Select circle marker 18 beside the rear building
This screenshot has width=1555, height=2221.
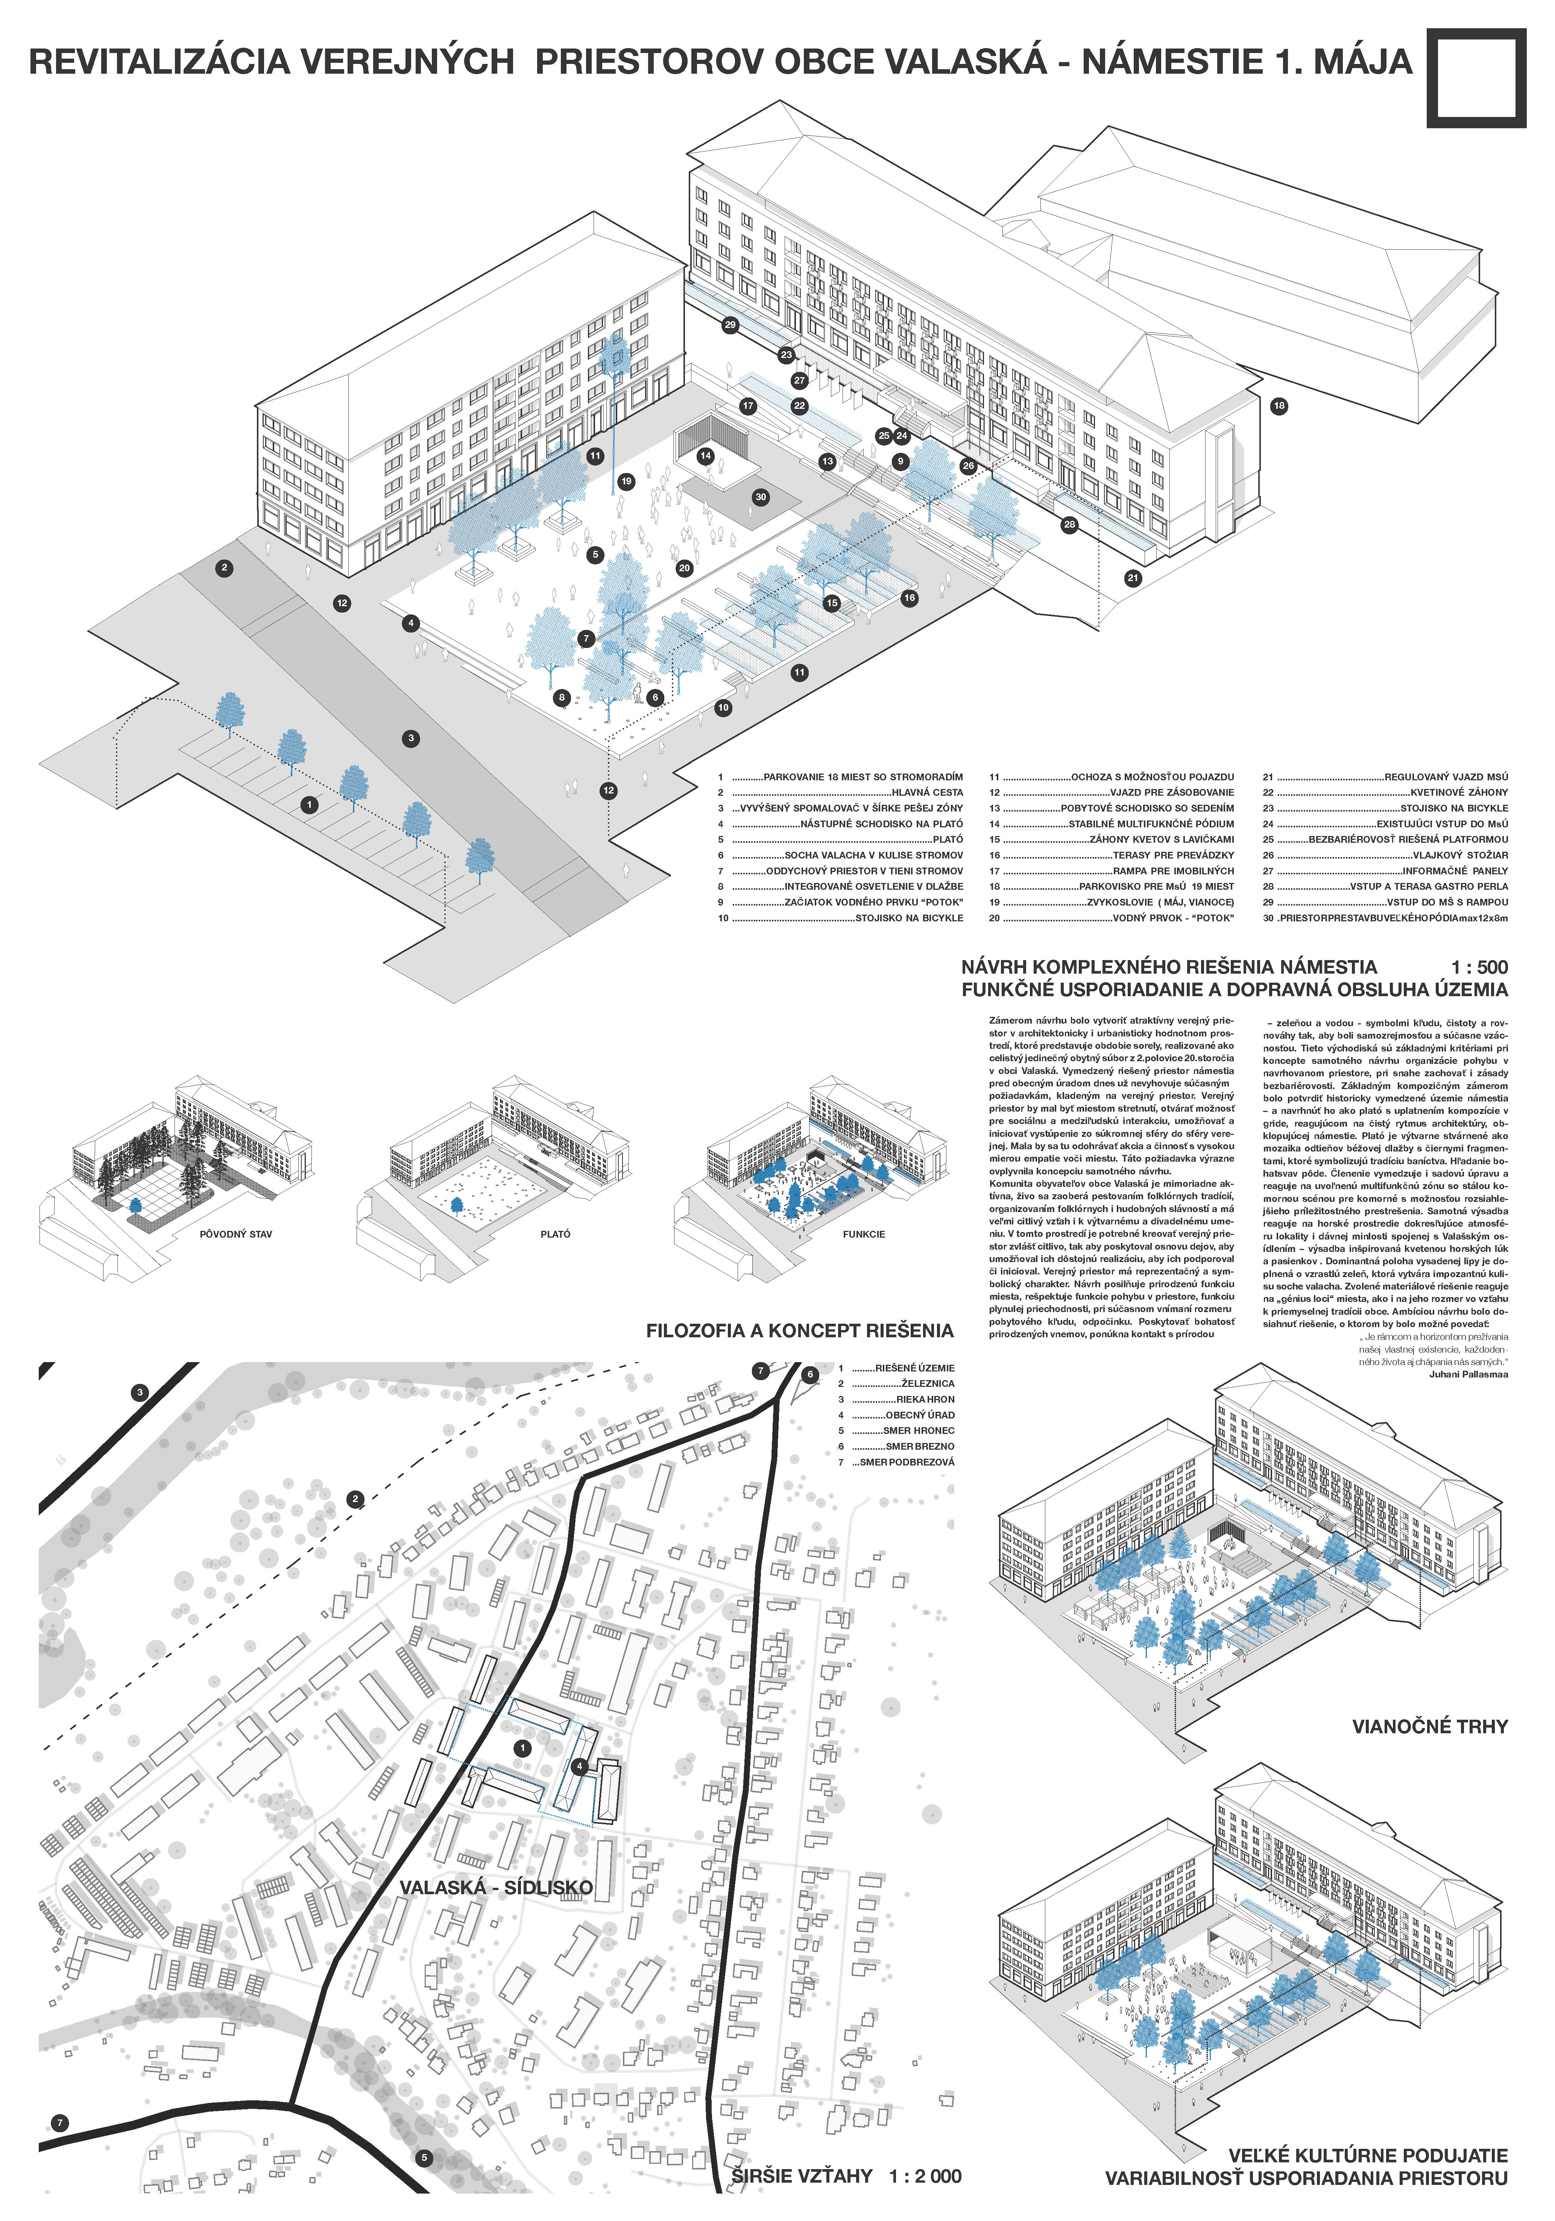tap(1278, 405)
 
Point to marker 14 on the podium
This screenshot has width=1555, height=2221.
tap(705, 456)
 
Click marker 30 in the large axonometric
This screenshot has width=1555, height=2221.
tap(761, 497)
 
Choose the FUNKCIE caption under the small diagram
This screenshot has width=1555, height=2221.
tap(863, 1234)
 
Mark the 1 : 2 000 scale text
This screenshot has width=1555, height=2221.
tap(925, 2177)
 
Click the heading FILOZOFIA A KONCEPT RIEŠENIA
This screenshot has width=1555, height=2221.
tap(799, 1331)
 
